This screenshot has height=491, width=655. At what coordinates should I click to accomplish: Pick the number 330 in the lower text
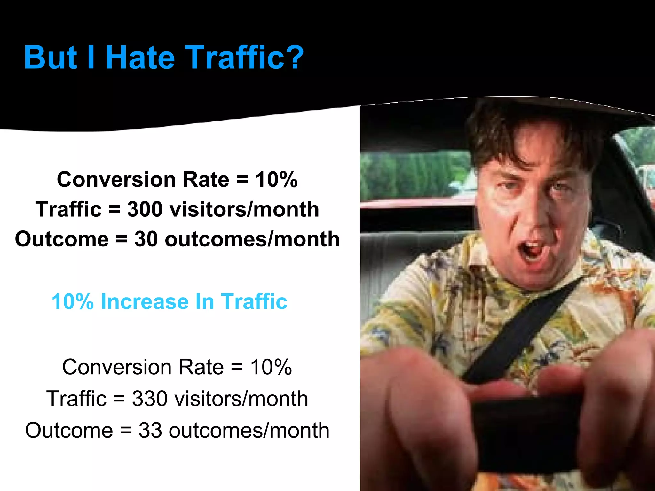click(149, 399)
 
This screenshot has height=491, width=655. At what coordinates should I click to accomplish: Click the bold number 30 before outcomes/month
click(146, 239)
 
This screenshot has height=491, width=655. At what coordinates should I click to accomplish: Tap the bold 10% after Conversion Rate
click(276, 180)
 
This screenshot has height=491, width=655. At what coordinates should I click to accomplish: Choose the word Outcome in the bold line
click(62, 239)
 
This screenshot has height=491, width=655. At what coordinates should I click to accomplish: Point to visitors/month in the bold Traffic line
click(244, 210)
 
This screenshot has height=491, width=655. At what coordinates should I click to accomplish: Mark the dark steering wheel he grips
click(528, 432)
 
